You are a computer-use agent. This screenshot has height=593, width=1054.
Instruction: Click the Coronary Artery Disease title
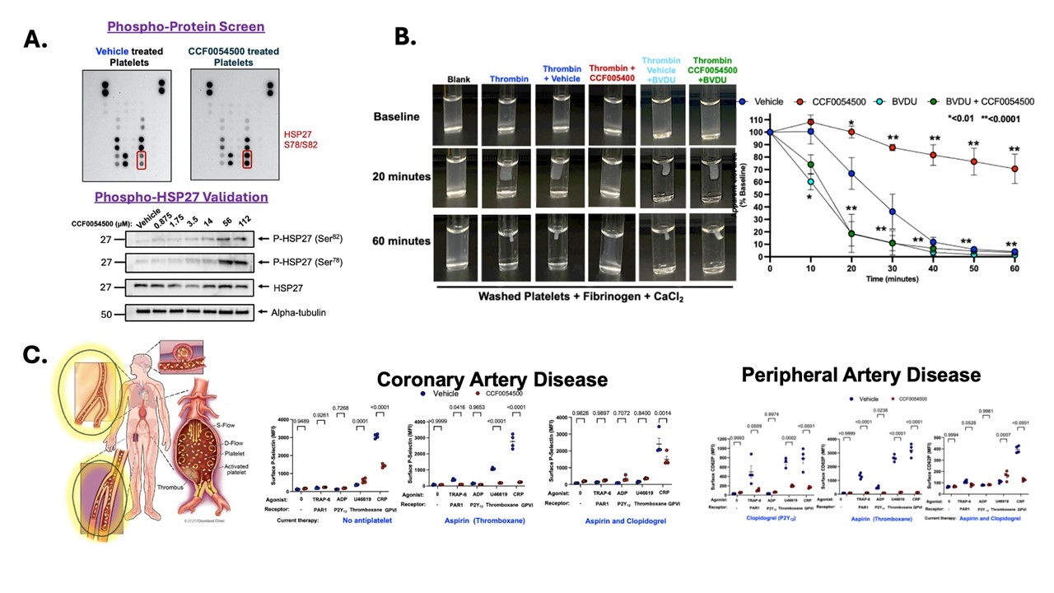coord(492,380)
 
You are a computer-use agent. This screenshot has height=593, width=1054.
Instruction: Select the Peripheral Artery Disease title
coord(861,375)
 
